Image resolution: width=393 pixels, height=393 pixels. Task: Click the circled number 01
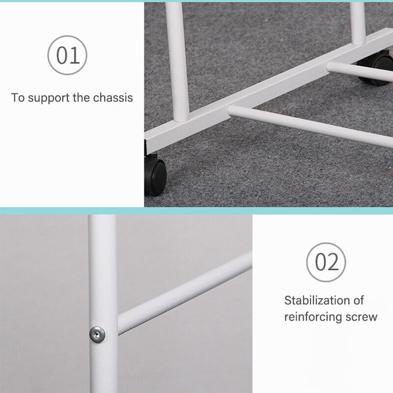pos(67,55)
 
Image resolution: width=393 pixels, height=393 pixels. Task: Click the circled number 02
pos(326,262)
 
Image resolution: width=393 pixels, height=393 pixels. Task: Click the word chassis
pos(113,97)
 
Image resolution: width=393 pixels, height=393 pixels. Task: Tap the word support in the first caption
pos(49,98)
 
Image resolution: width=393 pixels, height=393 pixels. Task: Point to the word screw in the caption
pos(362,317)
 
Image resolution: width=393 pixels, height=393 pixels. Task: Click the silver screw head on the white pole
pos(97,335)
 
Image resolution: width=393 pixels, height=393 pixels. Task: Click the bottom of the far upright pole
pos(359,42)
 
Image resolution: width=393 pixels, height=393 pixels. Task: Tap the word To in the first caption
pos(18,97)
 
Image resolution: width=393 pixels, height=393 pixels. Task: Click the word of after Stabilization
pos(359,300)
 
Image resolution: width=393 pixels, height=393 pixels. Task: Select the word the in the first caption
pos(82,97)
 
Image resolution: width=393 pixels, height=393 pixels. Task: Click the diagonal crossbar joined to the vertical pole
pos(185,293)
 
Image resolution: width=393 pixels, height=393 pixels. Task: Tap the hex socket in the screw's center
pos(96,334)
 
